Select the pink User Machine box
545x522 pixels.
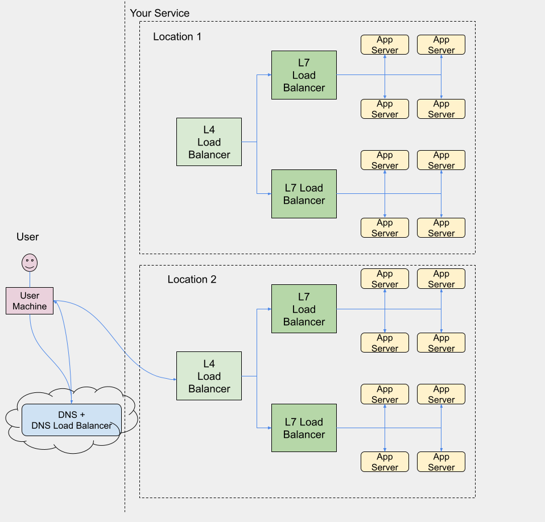(30, 301)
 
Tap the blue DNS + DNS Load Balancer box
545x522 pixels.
(72, 420)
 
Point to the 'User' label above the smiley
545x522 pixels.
(28, 237)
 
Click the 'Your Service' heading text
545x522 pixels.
(159, 13)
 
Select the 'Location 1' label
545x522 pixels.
(177, 37)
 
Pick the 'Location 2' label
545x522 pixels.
(192, 280)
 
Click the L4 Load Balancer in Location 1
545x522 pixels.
(209, 142)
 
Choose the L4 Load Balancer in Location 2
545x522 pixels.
(209, 376)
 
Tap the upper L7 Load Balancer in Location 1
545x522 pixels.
(304, 75)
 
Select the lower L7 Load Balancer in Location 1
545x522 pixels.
(304, 194)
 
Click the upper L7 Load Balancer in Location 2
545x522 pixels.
(304, 309)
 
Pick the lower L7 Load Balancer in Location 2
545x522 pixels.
(304, 428)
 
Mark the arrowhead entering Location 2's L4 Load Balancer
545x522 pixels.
(174, 379)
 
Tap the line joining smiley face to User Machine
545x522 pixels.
(30, 279)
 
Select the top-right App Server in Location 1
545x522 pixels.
(441, 45)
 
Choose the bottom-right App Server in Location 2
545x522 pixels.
(441, 462)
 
